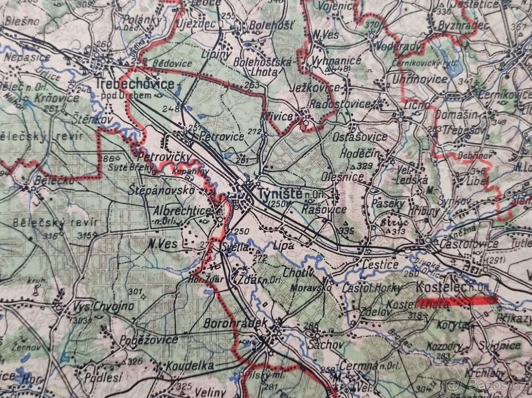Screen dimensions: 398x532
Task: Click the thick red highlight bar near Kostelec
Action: [457, 301]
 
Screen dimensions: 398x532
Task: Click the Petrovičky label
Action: [164, 157]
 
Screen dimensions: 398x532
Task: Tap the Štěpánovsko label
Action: [162, 190]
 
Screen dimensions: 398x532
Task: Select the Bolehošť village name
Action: [271, 25]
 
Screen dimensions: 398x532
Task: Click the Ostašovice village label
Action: [360, 137]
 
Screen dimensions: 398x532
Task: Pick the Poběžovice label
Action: [149, 340]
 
